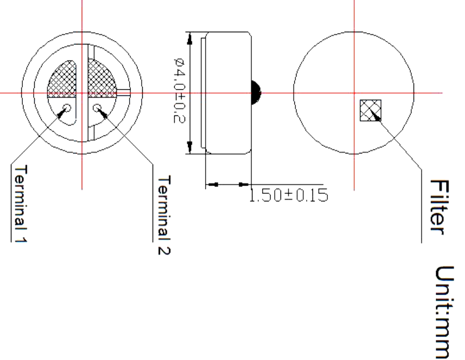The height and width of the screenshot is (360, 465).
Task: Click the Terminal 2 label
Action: [x=164, y=215]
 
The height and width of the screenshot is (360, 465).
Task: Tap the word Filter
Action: [x=440, y=207]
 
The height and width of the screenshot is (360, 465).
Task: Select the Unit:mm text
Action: [x=444, y=313]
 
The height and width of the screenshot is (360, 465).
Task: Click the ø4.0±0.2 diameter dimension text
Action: [x=179, y=90]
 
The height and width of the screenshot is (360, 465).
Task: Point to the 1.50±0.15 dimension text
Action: [x=288, y=195]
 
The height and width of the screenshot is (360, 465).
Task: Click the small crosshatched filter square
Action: [x=370, y=110]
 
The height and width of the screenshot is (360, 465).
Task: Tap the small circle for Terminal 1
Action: [x=67, y=107]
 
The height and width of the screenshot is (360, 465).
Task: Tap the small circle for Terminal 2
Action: [x=97, y=107]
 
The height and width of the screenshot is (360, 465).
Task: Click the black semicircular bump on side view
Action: [x=255, y=93]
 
